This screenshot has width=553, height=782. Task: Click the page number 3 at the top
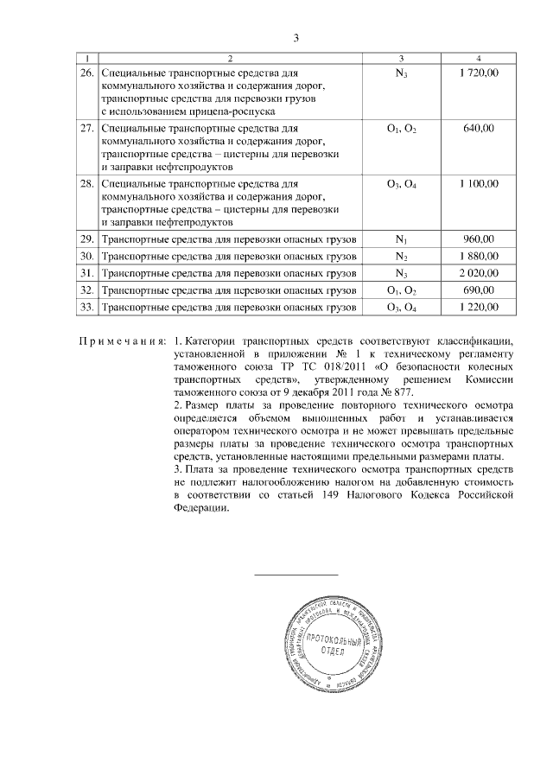[296, 38]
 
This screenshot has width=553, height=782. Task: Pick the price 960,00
[478, 238]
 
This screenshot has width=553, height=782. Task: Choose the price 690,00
[478, 290]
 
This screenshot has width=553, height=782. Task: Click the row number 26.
[86, 75]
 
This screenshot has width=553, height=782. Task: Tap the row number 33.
[86, 308]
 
